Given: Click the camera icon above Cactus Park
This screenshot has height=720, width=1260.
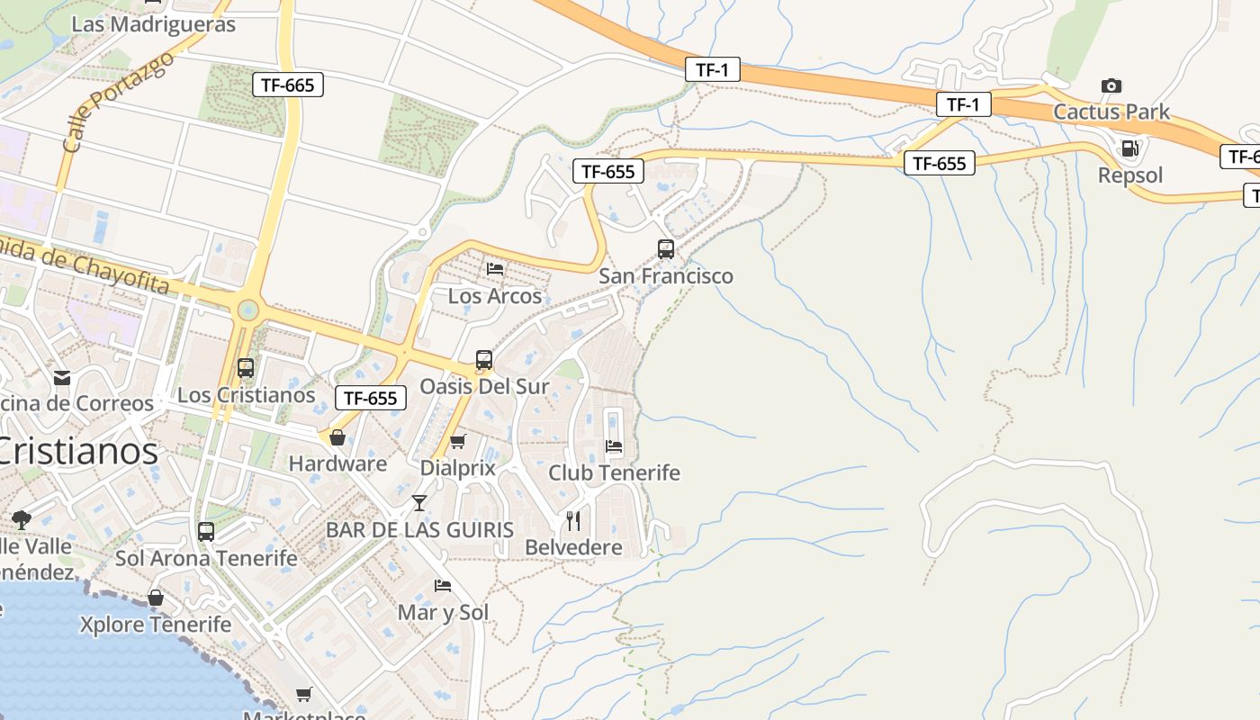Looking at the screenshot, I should click(x=1111, y=85).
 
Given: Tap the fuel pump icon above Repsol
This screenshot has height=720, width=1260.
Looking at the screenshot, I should click(x=1129, y=148).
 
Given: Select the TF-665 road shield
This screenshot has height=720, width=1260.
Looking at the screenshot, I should click(x=287, y=85).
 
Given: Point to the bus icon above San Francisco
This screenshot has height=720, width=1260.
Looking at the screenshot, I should click(x=666, y=249).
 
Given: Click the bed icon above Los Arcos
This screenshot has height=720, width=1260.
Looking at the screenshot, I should click(x=495, y=268).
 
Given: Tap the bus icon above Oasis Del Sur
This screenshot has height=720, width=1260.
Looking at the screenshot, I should click(x=484, y=360).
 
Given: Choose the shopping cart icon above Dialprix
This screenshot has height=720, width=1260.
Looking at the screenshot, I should click(x=458, y=441).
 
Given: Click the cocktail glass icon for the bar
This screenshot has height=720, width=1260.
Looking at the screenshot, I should click(x=419, y=502).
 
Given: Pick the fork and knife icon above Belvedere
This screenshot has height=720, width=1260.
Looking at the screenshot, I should click(x=573, y=520).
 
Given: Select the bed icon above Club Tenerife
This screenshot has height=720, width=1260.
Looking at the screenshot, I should click(x=614, y=445).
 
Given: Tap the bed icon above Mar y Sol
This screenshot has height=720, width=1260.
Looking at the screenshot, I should click(x=443, y=585).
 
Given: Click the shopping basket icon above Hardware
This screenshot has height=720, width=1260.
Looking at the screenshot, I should click(x=337, y=437).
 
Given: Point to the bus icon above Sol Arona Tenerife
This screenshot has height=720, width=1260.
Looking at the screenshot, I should click(x=206, y=531).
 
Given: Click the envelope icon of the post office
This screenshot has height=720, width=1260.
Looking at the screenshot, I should click(x=62, y=377).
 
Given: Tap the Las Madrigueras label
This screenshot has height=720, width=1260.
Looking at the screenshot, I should click(x=153, y=24).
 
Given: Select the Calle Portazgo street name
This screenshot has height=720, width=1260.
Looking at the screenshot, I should click(x=118, y=101).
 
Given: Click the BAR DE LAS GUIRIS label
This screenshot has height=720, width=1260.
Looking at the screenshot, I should click(x=419, y=529).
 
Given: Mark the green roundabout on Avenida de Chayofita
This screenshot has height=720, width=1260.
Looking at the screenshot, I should click(x=247, y=311).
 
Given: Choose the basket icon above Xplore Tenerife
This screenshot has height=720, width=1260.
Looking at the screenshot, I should click(x=156, y=598).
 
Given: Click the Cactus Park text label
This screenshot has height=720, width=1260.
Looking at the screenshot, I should click(x=1111, y=112).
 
